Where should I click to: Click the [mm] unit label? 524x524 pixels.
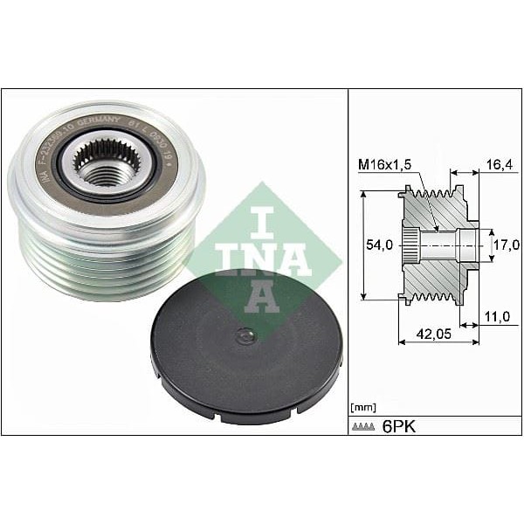click(x=361, y=408)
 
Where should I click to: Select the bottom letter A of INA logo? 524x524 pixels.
click(x=260, y=298)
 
